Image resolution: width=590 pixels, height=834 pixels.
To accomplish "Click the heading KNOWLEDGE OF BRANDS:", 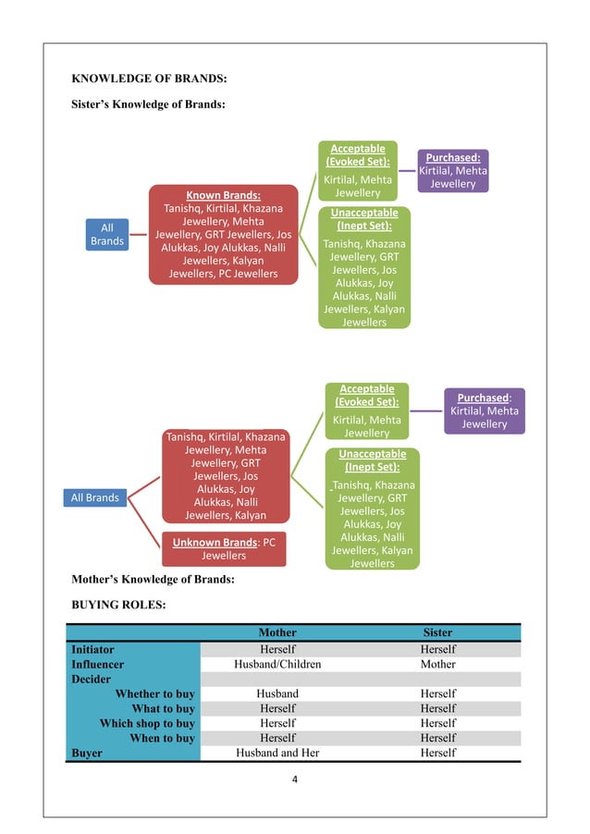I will click(x=150, y=77).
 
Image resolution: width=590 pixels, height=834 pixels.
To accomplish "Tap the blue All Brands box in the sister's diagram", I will click(x=106, y=234).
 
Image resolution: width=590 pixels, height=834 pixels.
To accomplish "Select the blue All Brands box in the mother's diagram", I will click(x=95, y=497).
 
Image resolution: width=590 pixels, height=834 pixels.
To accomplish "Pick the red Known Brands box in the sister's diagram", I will click(x=223, y=234).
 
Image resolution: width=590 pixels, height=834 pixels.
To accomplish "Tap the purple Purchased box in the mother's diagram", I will click(x=485, y=411).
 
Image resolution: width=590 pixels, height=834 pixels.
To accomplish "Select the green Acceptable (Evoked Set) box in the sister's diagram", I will click(x=358, y=170).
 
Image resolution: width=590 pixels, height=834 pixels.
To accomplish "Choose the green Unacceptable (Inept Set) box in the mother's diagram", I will click(x=372, y=508).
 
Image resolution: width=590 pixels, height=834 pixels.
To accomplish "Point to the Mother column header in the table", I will click(x=277, y=633).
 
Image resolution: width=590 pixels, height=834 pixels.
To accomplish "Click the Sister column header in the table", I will click(x=437, y=633).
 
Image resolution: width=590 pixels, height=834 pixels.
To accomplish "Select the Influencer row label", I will click(x=98, y=664).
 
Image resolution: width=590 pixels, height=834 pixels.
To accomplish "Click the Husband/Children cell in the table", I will click(x=277, y=664).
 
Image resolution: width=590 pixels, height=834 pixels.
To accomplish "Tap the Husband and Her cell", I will click(x=277, y=753).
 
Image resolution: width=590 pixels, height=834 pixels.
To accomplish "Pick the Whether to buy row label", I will click(x=154, y=693).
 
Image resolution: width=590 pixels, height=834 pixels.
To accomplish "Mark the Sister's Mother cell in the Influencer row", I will click(x=437, y=664).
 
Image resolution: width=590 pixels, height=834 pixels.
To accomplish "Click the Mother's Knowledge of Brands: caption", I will click(x=153, y=580).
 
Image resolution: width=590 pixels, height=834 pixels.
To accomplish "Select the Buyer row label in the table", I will click(x=87, y=753).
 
